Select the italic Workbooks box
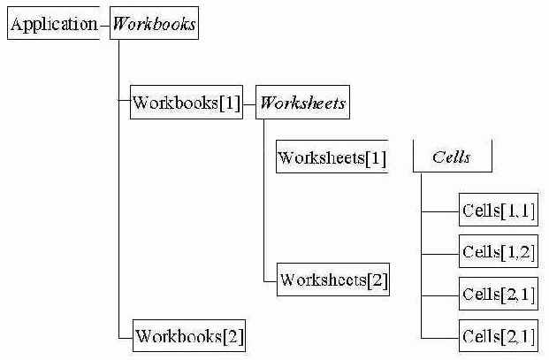[153, 24]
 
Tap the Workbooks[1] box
[186, 103]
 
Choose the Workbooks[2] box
[188, 336]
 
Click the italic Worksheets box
[301, 103]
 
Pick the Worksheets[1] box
[332, 158]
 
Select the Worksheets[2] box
[332, 280]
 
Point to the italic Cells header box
[452, 157]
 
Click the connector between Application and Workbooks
[104, 25]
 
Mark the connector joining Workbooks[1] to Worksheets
[248, 103]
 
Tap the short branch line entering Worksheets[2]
[270, 280]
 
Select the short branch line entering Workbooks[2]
[125, 336]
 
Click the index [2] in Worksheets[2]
[377, 280]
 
